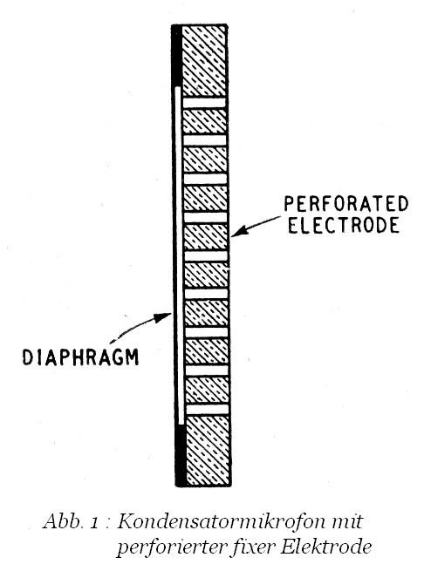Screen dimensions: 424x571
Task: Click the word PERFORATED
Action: pos(346,204)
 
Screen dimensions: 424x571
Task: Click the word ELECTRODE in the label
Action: pos(344,225)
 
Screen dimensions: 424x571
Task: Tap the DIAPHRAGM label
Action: pos(80,357)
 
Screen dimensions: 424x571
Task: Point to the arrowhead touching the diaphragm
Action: pos(163,317)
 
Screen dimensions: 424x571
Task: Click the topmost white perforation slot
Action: pos(204,103)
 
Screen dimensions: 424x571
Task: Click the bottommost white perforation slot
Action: pos(208,410)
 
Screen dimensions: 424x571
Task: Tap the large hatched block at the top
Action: pos(204,61)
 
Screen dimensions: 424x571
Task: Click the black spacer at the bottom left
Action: pos(181,455)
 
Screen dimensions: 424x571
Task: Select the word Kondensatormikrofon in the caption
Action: pos(220,522)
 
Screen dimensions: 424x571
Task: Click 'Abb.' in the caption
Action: pos(62,521)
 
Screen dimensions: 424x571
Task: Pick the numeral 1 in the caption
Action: pos(94,524)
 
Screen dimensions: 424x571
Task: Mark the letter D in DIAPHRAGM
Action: pos(28,357)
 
